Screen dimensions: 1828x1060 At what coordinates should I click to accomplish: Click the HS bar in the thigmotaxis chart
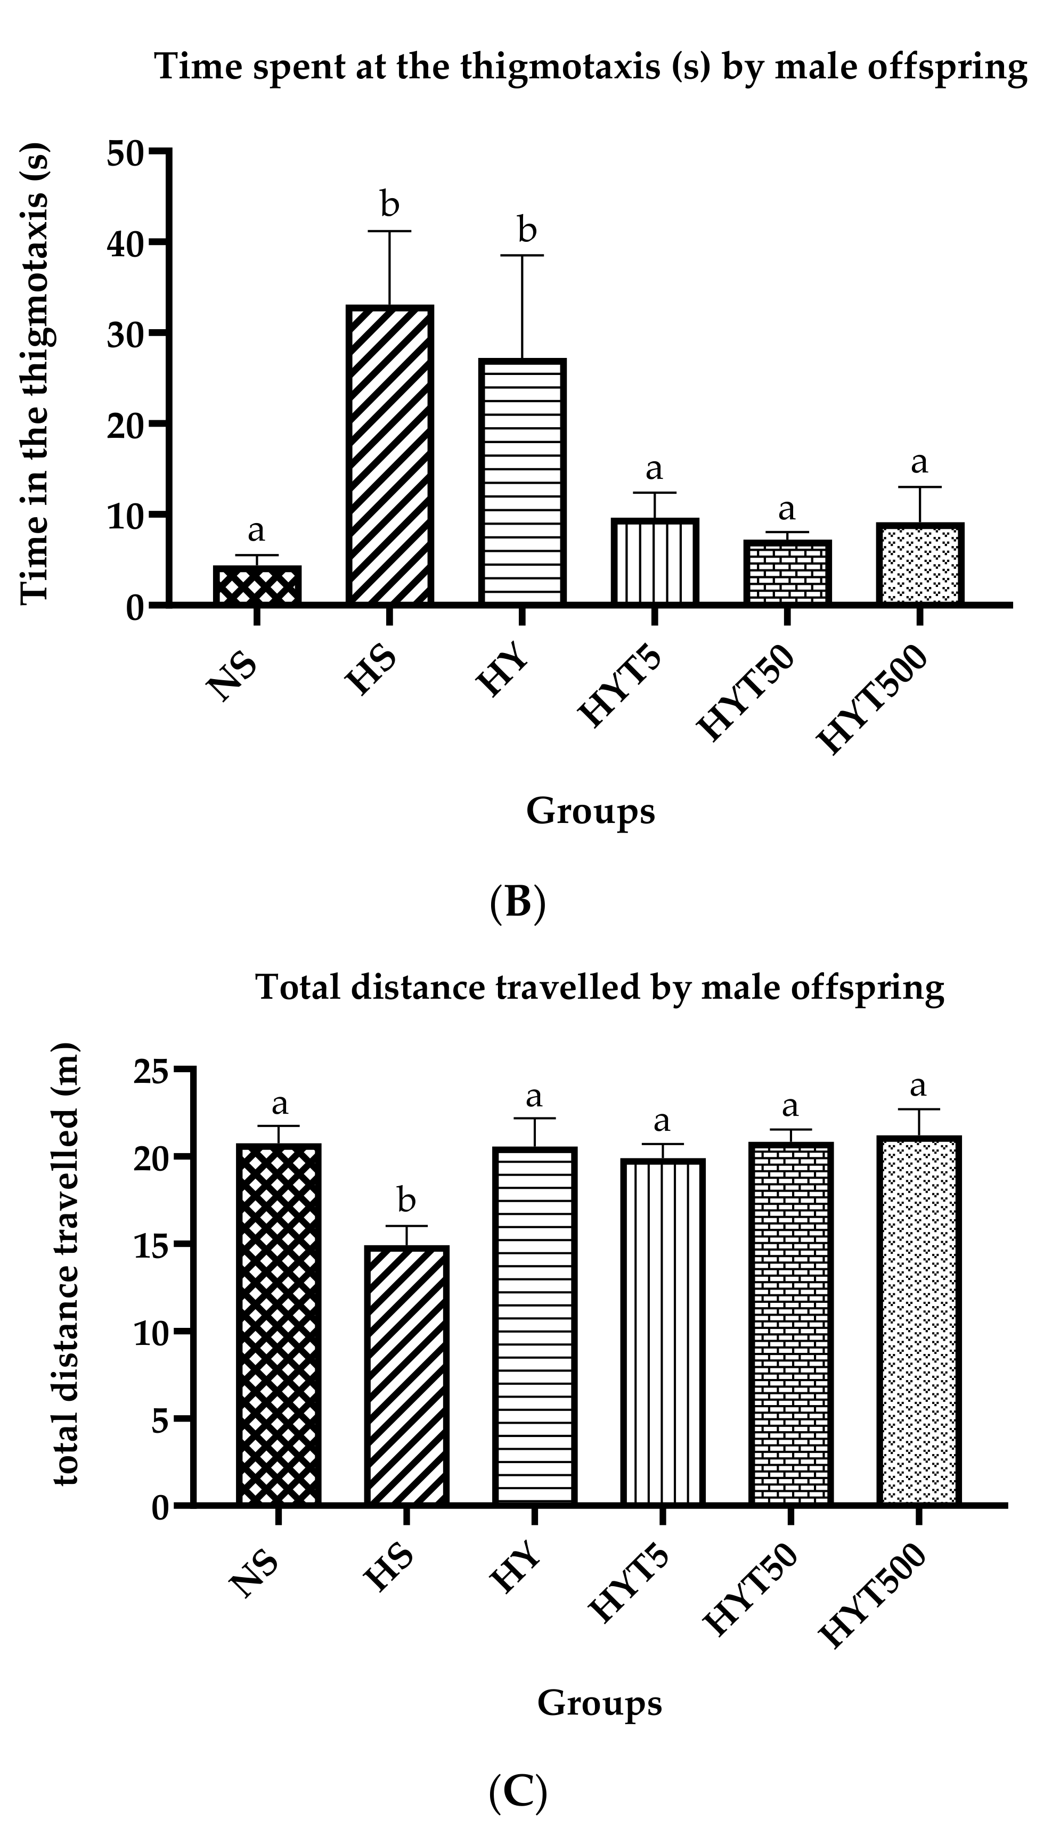click(x=389, y=454)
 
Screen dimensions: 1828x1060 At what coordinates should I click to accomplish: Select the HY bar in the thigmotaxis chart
click(x=521, y=481)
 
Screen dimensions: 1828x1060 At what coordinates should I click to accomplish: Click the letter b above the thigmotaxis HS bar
click(x=389, y=205)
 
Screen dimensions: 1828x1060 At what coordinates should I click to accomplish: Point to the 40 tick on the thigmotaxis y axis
click(x=125, y=242)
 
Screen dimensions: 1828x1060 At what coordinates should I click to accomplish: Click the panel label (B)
click(x=517, y=903)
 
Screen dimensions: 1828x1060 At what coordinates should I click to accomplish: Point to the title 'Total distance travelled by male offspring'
click(x=599, y=988)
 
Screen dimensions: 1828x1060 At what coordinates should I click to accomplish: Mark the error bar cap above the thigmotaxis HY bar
click(x=521, y=255)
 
